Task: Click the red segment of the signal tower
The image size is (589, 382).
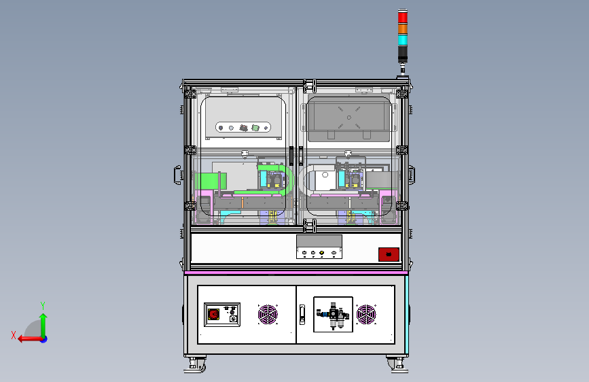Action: click(x=403, y=17)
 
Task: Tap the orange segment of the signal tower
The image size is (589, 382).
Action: click(x=403, y=29)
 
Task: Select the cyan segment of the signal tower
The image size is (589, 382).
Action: click(x=403, y=40)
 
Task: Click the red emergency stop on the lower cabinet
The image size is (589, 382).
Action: click(x=214, y=314)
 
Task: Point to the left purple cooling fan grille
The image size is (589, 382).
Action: click(x=268, y=314)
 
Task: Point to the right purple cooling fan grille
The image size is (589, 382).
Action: click(x=366, y=314)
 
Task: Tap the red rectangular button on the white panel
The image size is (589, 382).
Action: click(x=389, y=254)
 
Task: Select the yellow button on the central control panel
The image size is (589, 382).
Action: click(x=322, y=253)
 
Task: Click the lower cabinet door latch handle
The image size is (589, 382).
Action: click(x=302, y=315)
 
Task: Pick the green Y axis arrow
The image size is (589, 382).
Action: click(x=43, y=325)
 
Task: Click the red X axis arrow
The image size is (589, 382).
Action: click(x=30, y=339)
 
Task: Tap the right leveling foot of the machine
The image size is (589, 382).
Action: click(x=397, y=366)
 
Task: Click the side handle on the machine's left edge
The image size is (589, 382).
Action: click(x=177, y=175)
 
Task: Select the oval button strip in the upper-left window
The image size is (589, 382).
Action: click(x=243, y=128)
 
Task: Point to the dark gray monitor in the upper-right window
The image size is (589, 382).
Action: click(x=349, y=119)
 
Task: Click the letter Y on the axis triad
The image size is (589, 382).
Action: click(x=43, y=305)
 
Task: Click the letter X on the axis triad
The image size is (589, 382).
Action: click(x=14, y=335)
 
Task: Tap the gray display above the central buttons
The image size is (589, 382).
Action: click(x=319, y=241)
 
